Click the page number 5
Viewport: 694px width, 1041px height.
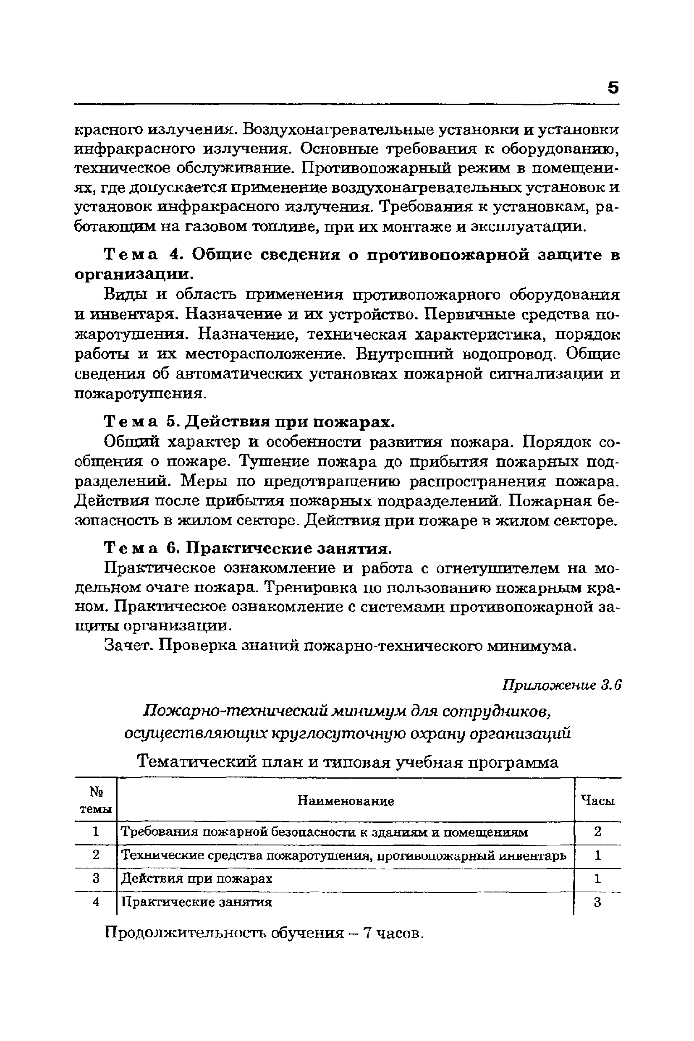tap(613, 88)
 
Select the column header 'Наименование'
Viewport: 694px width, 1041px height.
tap(345, 801)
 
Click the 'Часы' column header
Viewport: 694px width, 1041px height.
tap(597, 801)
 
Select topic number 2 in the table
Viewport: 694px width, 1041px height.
tap(96, 855)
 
